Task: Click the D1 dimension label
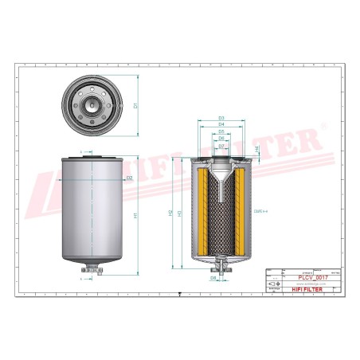coord(135,105)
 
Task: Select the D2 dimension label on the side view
coord(128,178)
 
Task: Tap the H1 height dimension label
coord(136,216)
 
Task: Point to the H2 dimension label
coord(170,213)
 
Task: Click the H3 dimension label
coord(181,213)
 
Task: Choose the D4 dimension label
coord(221,125)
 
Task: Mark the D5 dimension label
coord(221,132)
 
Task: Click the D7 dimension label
coord(221,147)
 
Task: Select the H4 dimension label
coord(256,150)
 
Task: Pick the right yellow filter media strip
coord(240,212)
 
